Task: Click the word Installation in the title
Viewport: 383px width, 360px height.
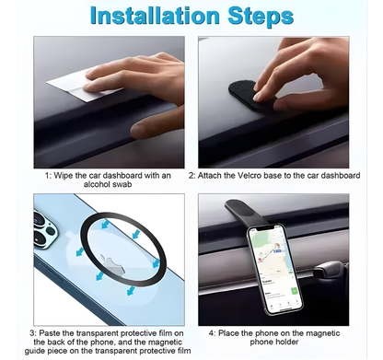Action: pyautogui.click(x=155, y=16)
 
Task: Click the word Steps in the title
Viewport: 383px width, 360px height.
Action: pyautogui.click(x=261, y=17)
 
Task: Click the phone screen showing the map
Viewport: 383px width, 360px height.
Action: pyautogui.click(x=274, y=268)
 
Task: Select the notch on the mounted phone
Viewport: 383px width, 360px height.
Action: pyautogui.click(x=264, y=228)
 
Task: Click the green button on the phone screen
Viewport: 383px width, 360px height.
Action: pyautogui.click(x=294, y=290)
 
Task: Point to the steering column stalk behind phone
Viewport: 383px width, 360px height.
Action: pyautogui.click(x=330, y=270)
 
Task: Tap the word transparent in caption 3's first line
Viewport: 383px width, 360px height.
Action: pyautogui.click(x=97, y=333)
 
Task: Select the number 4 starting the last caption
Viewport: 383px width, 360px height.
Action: pyautogui.click(x=212, y=333)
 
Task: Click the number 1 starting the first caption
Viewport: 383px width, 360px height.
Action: pyautogui.click(x=48, y=176)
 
